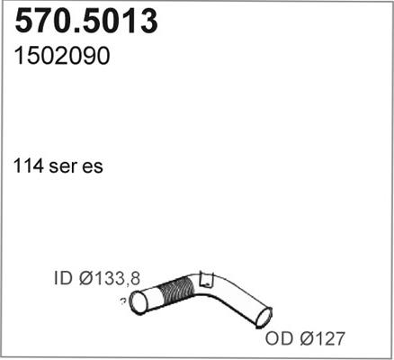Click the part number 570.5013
[x=87, y=22]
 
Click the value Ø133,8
[x=111, y=279]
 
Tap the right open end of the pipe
[x=264, y=317]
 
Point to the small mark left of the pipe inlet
[x=121, y=302]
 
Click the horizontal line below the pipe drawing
[x=197, y=356]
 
